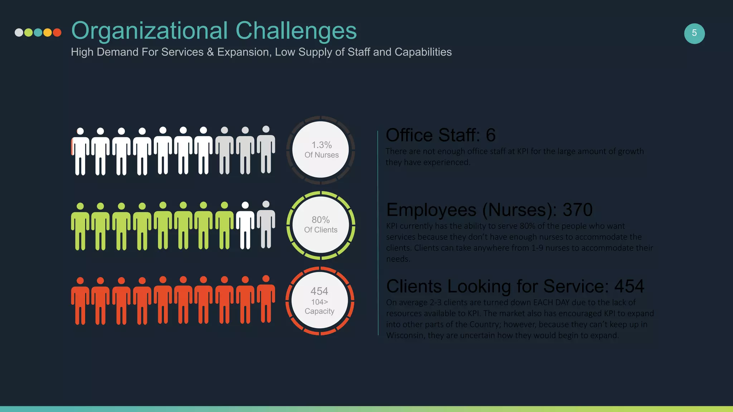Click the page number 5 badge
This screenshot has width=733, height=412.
[x=694, y=34]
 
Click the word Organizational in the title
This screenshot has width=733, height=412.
[x=149, y=31]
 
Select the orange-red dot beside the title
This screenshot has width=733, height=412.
[x=57, y=33]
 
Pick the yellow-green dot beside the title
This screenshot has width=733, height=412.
[x=29, y=33]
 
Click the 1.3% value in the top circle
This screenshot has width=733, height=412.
[x=321, y=145]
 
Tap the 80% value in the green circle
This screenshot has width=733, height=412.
[x=320, y=220]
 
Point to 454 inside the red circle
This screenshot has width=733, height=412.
[x=319, y=291]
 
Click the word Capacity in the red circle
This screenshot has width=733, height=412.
[x=319, y=311]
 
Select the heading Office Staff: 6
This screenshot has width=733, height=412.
[x=440, y=135]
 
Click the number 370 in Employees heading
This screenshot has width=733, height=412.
[x=577, y=210]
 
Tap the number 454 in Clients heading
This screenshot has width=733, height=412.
[x=629, y=286]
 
